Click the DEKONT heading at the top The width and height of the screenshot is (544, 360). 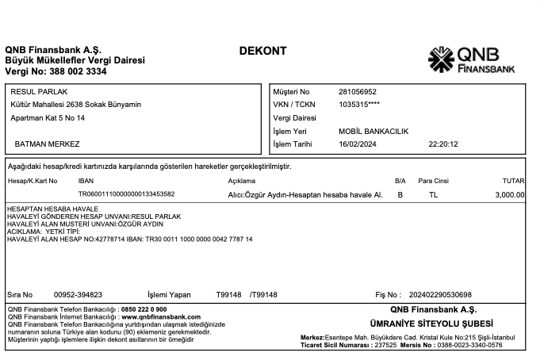[262, 52]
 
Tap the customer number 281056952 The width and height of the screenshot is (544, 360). [358, 92]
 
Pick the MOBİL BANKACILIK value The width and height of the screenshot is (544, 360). [373, 132]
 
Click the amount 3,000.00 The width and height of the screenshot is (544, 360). [509, 193]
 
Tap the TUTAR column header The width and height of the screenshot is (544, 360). [514, 181]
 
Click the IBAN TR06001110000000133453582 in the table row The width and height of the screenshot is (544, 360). [126, 193]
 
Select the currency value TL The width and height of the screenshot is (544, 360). [433, 193]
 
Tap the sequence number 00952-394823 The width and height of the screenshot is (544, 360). [78, 295]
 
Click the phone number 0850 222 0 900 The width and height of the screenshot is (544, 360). [144, 308]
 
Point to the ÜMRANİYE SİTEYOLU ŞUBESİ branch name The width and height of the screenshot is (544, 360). [431, 324]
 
